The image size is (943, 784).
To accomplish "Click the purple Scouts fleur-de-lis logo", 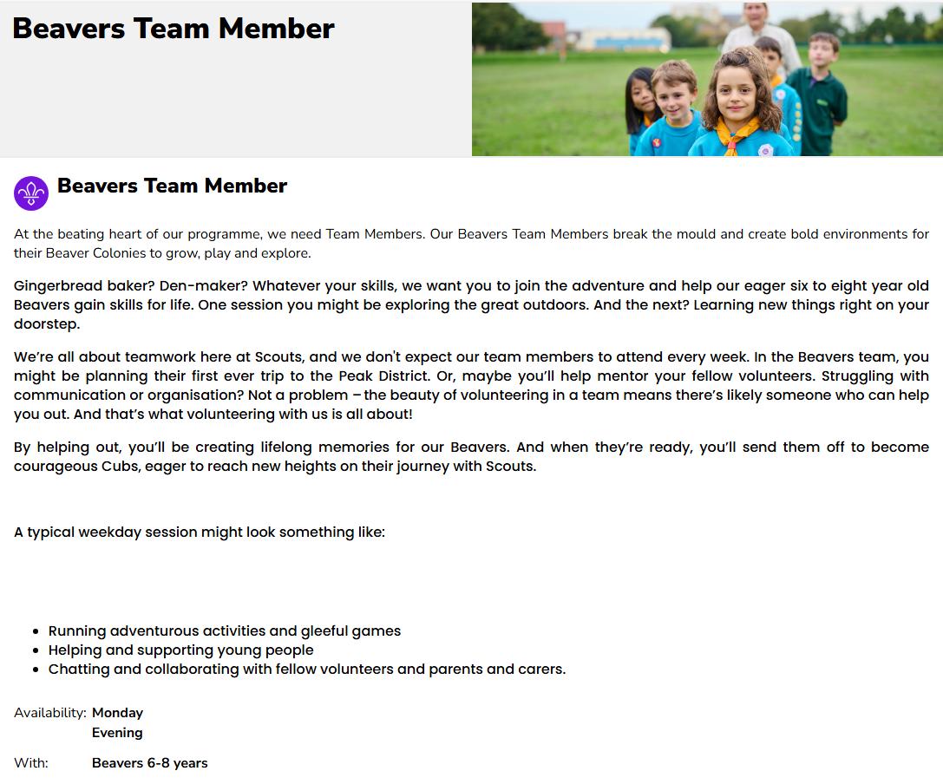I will (31, 193).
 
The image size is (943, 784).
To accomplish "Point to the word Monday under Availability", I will (117, 713).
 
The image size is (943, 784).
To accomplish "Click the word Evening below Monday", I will (117, 733).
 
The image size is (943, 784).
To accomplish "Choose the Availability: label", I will (49, 713).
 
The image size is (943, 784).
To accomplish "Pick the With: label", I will (31, 763).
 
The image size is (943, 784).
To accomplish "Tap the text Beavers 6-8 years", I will (149, 763).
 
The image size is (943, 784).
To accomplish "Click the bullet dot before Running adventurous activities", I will (36, 632).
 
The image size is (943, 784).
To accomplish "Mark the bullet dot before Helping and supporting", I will (36, 651).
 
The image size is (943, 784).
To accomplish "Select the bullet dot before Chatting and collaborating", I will (36, 670).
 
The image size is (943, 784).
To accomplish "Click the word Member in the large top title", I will (277, 29).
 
